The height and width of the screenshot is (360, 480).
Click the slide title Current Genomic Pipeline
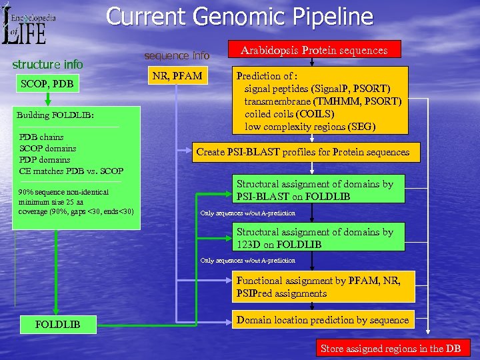click(240, 16)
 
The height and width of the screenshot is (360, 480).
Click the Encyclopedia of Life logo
click(29, 24)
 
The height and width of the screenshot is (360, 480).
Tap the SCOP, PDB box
click(47, 84)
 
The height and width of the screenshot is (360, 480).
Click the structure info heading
click(48, 65)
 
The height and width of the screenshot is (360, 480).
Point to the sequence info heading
click(177, 55)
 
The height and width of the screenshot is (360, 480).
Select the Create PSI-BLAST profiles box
click(303, 152)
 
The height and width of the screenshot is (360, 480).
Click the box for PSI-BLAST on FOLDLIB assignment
click(321, 190)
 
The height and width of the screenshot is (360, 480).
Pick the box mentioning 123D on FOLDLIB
click(321, 239)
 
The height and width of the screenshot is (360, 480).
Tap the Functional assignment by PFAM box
click(321, 287)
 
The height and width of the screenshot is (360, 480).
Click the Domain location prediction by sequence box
click(322, 320)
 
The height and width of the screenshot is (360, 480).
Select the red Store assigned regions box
click(390, 349)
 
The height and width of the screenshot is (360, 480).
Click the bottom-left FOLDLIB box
click(59, 325)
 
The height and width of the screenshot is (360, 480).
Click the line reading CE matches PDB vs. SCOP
click(71, 171)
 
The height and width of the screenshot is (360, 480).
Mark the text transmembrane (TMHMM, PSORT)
click(323, 101)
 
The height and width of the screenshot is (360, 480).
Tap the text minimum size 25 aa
click(51, 202)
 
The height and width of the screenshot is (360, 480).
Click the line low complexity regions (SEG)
click(310, 127)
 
